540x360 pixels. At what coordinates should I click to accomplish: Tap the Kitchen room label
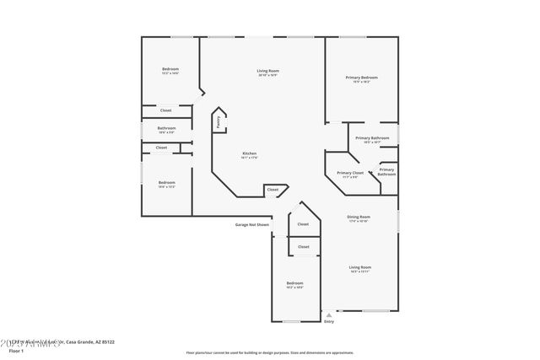(250, 154)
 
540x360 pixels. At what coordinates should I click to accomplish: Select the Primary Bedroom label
(361, 78)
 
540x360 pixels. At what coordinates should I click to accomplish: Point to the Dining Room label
(359, 218)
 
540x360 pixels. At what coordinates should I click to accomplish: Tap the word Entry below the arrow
(329, 321)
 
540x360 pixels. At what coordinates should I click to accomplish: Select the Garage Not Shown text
(251, 224)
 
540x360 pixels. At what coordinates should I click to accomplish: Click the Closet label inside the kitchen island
(273, 190)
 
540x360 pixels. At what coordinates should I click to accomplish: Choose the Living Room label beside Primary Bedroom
(268, 72)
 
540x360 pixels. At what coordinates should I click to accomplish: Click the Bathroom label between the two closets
(166, 130)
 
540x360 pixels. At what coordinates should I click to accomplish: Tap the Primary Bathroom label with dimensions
(372, 139)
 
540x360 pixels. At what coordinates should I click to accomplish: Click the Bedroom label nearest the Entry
(294, 284)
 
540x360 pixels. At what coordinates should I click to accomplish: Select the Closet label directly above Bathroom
(166, 110)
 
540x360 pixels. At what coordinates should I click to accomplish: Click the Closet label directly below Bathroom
(161, 148)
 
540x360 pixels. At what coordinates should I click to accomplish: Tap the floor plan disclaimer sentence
(269, 352)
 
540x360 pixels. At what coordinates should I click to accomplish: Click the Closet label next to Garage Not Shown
(303, 224)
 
